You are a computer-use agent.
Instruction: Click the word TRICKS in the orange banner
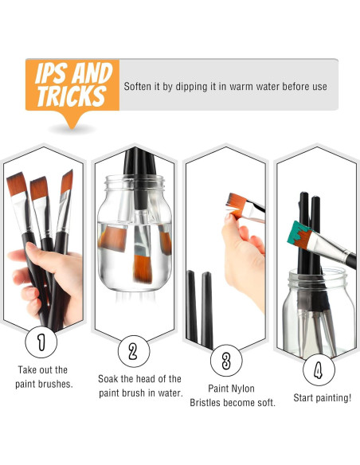(72, 96)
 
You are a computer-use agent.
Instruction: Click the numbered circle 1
(41, 342)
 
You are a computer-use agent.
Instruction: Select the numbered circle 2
(134, 351)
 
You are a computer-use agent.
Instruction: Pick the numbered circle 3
(226, 361)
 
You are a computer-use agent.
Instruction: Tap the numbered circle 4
(319, 369)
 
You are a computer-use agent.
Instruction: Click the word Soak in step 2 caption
(108, 379)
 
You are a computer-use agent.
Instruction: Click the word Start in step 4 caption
(303, 397)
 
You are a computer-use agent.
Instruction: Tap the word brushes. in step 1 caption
(56, 384)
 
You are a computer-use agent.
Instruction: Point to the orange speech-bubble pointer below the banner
(72, 119)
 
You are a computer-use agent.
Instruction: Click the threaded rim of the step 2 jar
(135, 182)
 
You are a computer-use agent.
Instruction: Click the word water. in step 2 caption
(170, 393)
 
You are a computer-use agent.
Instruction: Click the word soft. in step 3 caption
(266, 402)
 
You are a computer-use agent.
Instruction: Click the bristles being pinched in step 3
(236, 204)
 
